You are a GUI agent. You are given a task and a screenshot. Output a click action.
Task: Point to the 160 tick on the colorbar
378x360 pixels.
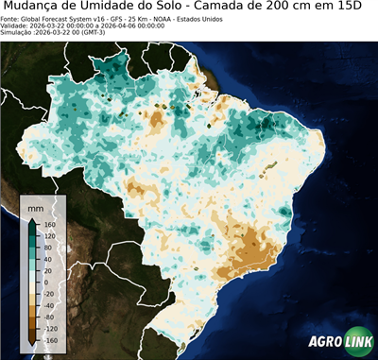tap(45, 224)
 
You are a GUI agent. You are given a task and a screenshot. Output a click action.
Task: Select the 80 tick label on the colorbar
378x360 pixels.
tap(45, 252)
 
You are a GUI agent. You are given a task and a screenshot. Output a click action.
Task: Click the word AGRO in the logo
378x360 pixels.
tap(325, 343)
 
